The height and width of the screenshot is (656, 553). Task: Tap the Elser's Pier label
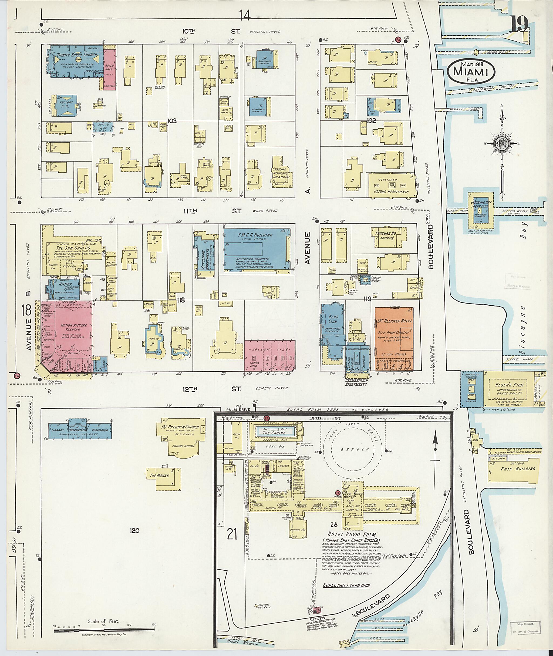(x=506, y=385)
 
